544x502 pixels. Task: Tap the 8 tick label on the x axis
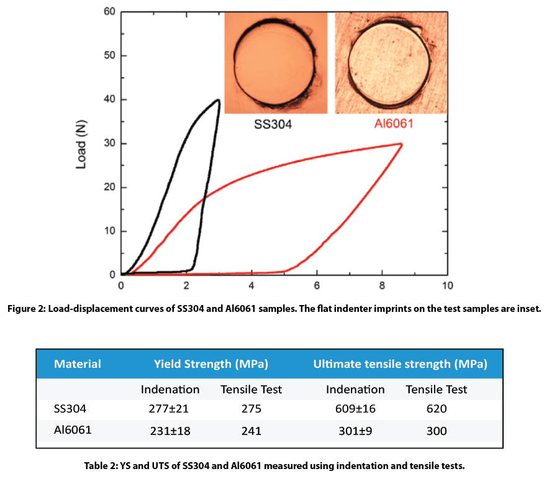382,286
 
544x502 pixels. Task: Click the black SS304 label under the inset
273,124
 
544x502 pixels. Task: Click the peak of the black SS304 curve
218,100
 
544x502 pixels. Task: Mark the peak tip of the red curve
401,144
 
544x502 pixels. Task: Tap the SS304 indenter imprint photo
275,63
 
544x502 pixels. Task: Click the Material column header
78,363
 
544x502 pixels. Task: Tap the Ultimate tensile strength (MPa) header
400,363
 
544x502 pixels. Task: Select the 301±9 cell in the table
352,431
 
